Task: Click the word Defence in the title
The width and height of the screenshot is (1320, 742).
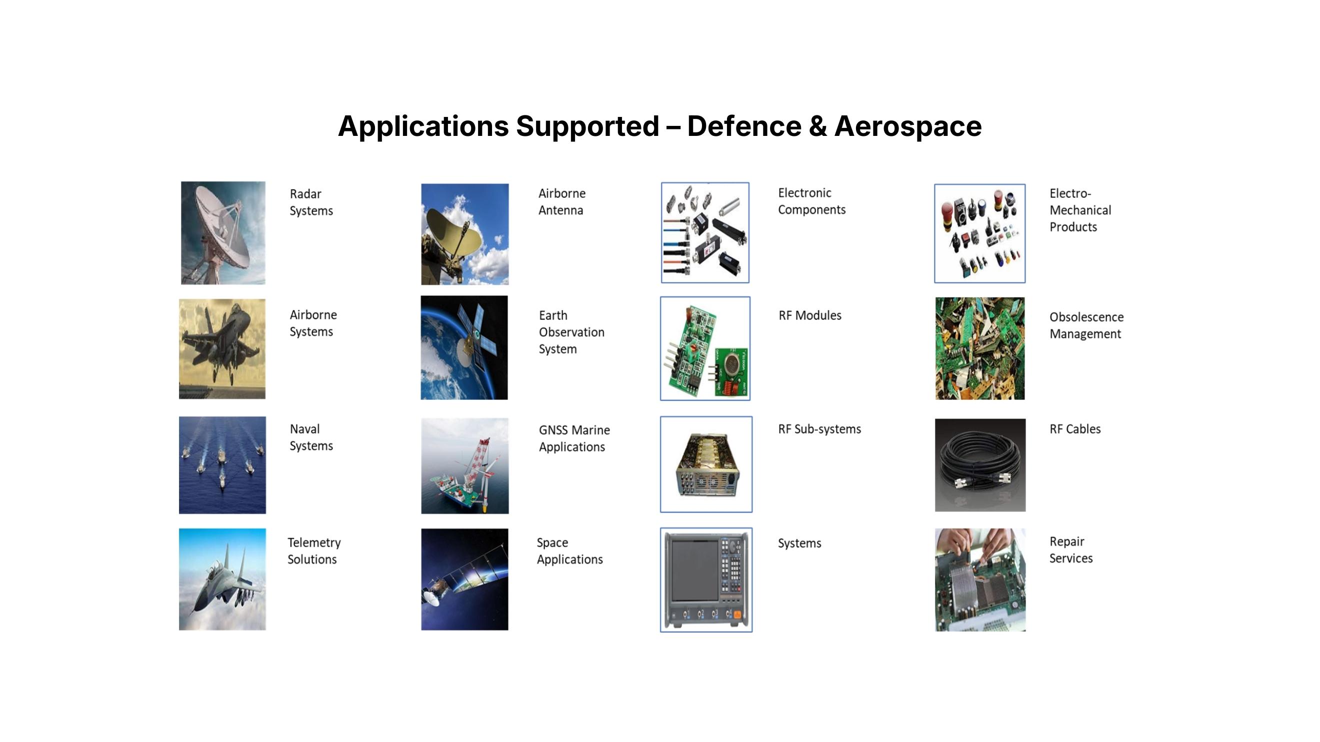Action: [x=744, y=126]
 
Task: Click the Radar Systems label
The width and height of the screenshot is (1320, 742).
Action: [x=311, y=202]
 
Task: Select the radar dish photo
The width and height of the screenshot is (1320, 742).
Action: [x=223, y=232]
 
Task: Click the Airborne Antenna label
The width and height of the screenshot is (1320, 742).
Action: [x=561, y=202]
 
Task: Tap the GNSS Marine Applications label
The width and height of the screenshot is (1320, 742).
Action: [x=574, y=438]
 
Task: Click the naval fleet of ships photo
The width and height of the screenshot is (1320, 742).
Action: [x=222, y=465]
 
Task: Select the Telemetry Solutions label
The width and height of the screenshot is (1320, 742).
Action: [x=313, y=551]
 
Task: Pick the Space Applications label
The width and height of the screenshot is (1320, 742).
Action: [x=569, y=551]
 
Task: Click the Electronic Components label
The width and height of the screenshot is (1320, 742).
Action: [x=811, y=201]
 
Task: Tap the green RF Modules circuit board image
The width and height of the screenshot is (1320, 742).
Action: [x=705, y=348]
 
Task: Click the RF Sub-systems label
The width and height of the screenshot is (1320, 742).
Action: [x=819, y=429]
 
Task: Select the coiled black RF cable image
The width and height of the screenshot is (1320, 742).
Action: [x=980, y=465]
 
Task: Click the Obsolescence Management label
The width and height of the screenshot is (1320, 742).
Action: [x=1086, y=325]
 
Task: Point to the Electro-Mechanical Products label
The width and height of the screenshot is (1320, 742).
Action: [x=1080, y=210]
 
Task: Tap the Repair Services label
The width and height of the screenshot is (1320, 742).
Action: [x=1070, y=550]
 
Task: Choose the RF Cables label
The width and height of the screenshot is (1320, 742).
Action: [x=1074, y=429]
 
